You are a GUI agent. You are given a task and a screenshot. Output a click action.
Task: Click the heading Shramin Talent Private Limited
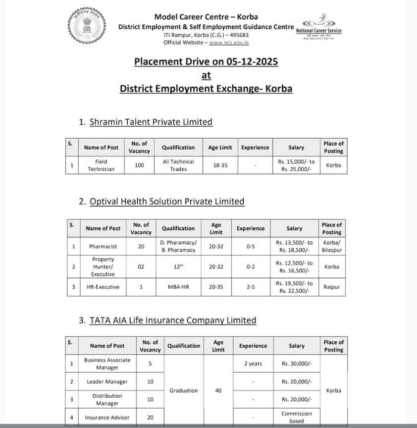(x=151, y=122)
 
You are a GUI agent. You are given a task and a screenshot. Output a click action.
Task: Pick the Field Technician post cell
(x=101, y=165)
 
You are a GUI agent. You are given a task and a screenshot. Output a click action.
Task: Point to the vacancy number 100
(x=140, y=165)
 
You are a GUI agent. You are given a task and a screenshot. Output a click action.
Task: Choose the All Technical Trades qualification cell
(x=178, y=165)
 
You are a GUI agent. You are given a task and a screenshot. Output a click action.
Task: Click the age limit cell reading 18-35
(x=220, y=165)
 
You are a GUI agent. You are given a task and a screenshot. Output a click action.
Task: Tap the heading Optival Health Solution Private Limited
(x=167, y=202)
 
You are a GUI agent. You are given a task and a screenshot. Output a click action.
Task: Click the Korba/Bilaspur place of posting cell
(x=331, y=246)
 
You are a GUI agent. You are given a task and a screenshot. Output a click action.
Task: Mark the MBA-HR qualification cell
(x=178, y=287)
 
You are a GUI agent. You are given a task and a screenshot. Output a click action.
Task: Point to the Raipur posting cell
(x=331, y=287)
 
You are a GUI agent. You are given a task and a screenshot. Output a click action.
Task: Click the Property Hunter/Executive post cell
(x=103, y=267)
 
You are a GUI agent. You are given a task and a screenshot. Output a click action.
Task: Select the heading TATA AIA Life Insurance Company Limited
(x=173, y=321)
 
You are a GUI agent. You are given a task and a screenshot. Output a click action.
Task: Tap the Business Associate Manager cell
(x=107, y=364)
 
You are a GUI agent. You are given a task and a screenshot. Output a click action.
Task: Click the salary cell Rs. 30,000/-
(x=297, y=364)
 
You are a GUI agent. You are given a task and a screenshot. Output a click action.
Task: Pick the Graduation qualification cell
(x=184, y=391)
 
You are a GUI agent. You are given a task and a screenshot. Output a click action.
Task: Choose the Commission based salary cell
(x=297, y=417)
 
